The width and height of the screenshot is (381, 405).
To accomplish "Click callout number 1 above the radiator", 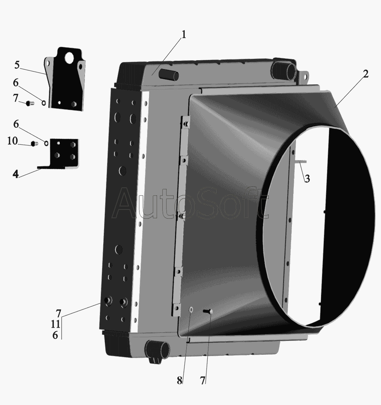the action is (184, 35).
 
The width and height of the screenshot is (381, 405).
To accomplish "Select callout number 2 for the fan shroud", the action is (365, 74).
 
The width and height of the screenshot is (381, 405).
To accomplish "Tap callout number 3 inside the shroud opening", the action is (307, 178).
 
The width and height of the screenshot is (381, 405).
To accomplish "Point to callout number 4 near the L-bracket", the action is (16, 174).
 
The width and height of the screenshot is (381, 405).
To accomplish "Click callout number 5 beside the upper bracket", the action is (17, 65).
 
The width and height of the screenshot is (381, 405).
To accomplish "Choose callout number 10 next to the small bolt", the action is (13, 141).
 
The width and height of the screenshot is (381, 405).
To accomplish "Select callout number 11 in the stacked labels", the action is (55, 324).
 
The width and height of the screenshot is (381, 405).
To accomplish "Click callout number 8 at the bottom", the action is (179, 380).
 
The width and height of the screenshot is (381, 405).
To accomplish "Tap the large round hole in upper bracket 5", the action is (69, 58).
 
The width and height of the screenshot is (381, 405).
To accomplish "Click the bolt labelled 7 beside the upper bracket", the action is (30, 103).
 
